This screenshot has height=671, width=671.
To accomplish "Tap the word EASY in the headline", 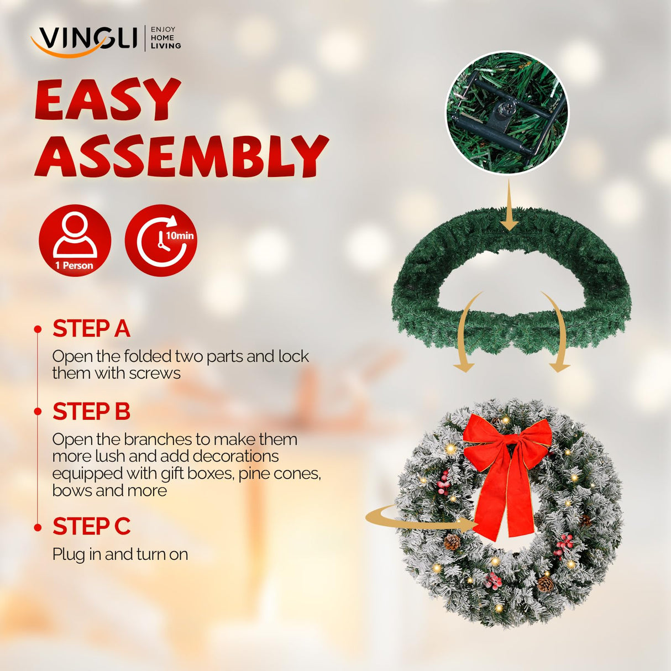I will click(108, 100).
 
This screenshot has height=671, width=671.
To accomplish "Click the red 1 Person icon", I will click(75, 240).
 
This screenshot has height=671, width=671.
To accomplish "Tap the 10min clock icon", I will click(161, 240).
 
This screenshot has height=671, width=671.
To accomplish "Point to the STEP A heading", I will click(91, 329).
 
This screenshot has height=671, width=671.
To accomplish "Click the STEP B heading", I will click(91, 412).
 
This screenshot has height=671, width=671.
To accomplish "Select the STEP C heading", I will click(91, 527).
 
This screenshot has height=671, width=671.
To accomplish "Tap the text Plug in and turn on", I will click(120, 554).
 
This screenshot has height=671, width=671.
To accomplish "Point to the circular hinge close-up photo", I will click(507, 113).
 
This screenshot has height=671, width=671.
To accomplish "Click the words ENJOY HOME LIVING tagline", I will click(165, 38).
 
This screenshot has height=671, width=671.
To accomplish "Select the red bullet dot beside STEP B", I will click(38, 412).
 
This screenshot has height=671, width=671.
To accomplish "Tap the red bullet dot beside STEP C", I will click(38, 527).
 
